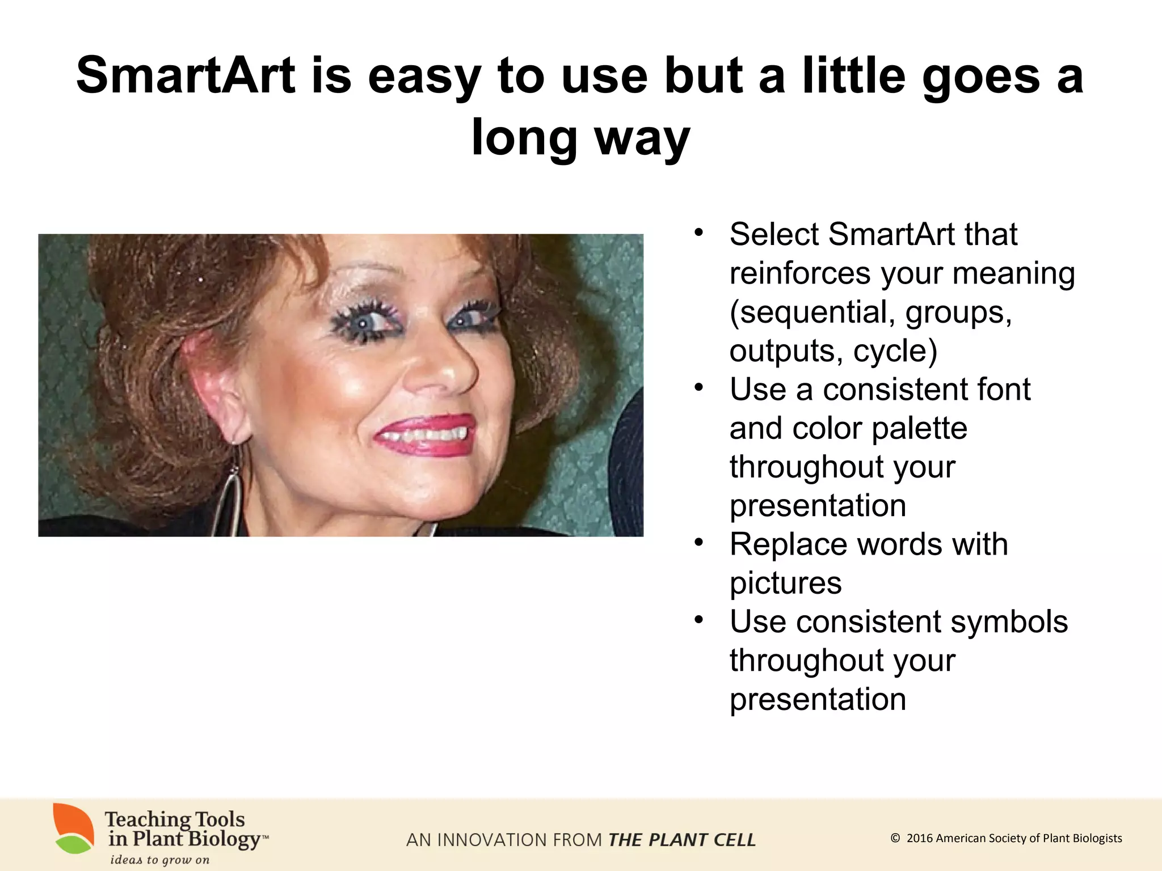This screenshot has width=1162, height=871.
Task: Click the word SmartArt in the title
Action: [186, 75]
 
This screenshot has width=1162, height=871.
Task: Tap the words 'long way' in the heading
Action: [580, 138]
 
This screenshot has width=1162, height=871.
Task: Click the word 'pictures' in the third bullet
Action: [785, 583]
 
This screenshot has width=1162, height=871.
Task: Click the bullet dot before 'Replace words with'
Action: [698, 543]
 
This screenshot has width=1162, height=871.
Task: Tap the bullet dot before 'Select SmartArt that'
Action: [698, 232]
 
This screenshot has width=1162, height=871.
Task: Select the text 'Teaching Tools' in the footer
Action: [175, 819]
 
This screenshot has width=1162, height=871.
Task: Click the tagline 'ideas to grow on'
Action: [159, 860]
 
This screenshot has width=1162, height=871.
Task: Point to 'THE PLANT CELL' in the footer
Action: [681, 840]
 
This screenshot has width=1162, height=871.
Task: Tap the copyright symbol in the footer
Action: [895, 838]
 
